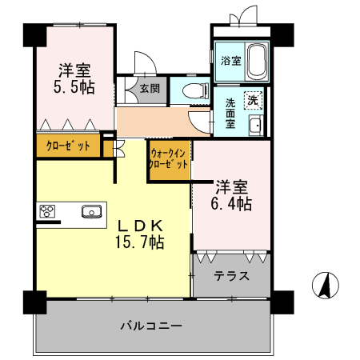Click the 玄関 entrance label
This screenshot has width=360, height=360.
pyautogui.click(x=149, y=88)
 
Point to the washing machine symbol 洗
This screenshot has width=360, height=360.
pyautogui.click(x=252, y=101)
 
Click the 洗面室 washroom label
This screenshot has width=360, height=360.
pyautogui.click(x=230, y=114)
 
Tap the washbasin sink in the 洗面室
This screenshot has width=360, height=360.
pyautogui.click(x=255, y=126)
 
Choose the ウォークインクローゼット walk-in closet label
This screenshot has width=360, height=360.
pyautogui.click(x=169, y=158)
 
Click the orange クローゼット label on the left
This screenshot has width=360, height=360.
pyautogui.click(x=67, y=146)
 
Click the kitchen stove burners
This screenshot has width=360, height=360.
pyautogui.click(x=47, y=212)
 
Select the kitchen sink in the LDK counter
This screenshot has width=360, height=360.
pyautogui.click(x=90, y=212)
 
